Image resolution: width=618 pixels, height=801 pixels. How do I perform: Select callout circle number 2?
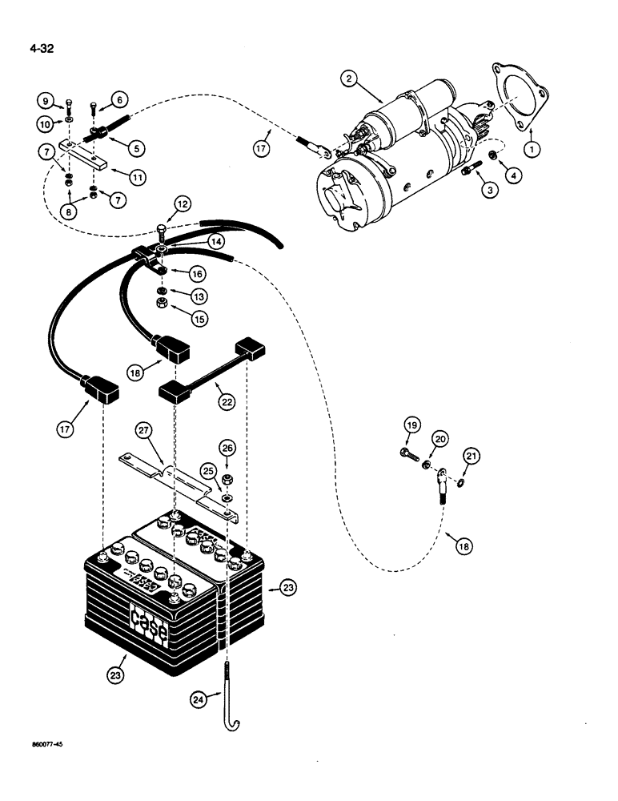347,78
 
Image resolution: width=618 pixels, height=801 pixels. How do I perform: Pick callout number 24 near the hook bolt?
199,700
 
